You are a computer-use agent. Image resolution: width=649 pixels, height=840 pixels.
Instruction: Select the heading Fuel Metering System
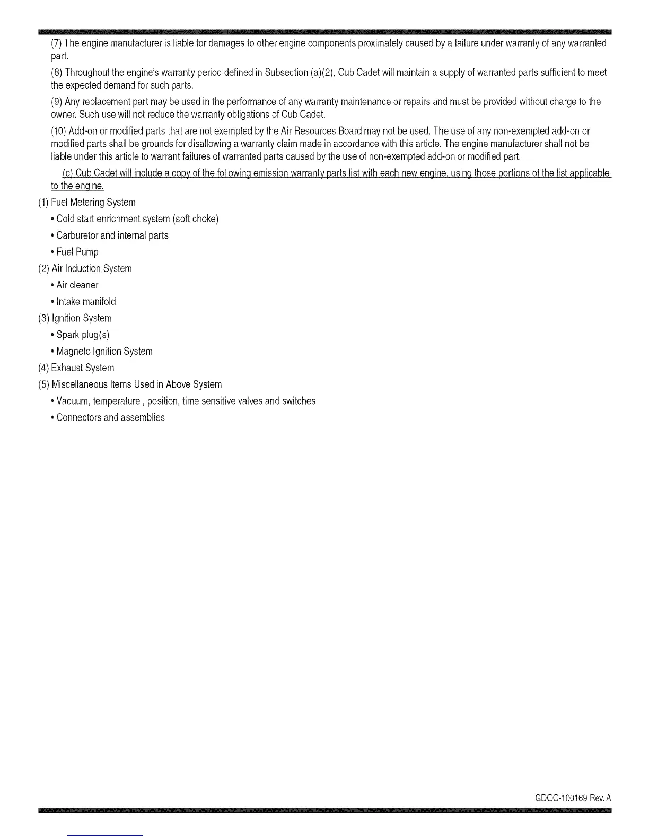[93, 202]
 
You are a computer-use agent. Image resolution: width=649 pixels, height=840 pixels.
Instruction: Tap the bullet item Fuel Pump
[77, 252]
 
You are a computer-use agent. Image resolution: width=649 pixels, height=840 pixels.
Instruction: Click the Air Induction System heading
[92, 268]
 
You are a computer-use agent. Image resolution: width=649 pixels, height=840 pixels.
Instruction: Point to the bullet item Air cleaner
[77, 285]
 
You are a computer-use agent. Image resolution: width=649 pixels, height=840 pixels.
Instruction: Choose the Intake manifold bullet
[86, 301]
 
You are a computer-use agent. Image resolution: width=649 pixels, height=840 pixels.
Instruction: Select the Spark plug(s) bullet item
[83, 335]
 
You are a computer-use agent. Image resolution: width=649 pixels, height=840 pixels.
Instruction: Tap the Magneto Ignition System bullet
[104, 351]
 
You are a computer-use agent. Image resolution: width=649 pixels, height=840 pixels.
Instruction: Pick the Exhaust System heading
[82, 367]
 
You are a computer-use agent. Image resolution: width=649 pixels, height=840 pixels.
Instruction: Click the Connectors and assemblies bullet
[110, 417]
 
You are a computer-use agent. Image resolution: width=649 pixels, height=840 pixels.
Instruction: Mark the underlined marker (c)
[67, 173]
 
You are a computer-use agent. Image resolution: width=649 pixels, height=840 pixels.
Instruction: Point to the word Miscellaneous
[76, 384]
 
